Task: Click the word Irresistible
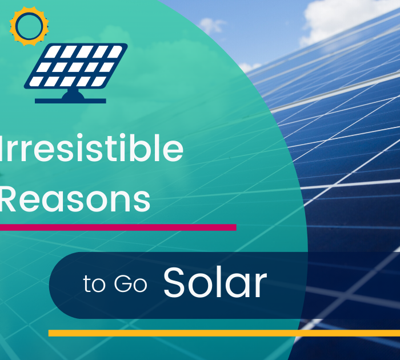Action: tap(91, 148)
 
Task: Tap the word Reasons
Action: tap(75, 199)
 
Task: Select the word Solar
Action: tap(215, 282)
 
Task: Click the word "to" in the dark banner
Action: tap(94, 283)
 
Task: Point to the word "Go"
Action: tap(131, 283)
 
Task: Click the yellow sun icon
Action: tap(29, 26)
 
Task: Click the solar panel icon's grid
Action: tap(76, 66)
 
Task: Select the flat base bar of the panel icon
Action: tap(70, 101)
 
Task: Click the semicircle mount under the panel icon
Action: tap(73, 94)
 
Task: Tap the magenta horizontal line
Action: tap(118, 227)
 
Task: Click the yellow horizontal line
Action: tap(224, 333)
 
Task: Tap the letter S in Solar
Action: tap(174, 282)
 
